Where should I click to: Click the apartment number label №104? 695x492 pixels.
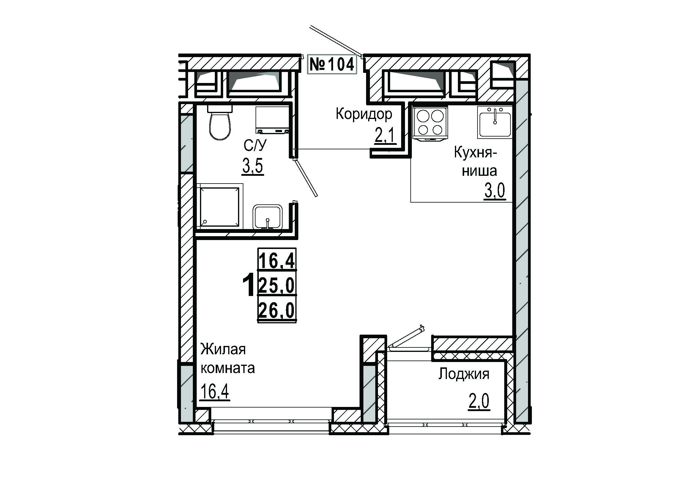tap(332, 64)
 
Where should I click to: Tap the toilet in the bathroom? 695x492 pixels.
tap(220, 122)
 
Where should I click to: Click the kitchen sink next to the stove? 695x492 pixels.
tap(495, 122)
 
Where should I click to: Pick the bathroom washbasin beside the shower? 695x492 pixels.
tap(268, 217)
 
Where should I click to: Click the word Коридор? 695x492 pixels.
tap(364, 114)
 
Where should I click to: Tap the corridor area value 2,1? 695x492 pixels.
tap(385, 136)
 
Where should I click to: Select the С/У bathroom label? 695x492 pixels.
tap(255, 146)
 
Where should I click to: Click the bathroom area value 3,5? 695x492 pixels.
tap(253, 166)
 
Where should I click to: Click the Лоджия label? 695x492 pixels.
tap(464, 374)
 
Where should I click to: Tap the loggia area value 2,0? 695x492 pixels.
tap(479, 402)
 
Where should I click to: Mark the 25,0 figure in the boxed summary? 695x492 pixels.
tap(277, 285)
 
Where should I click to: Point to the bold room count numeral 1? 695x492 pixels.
tap(248, 285)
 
